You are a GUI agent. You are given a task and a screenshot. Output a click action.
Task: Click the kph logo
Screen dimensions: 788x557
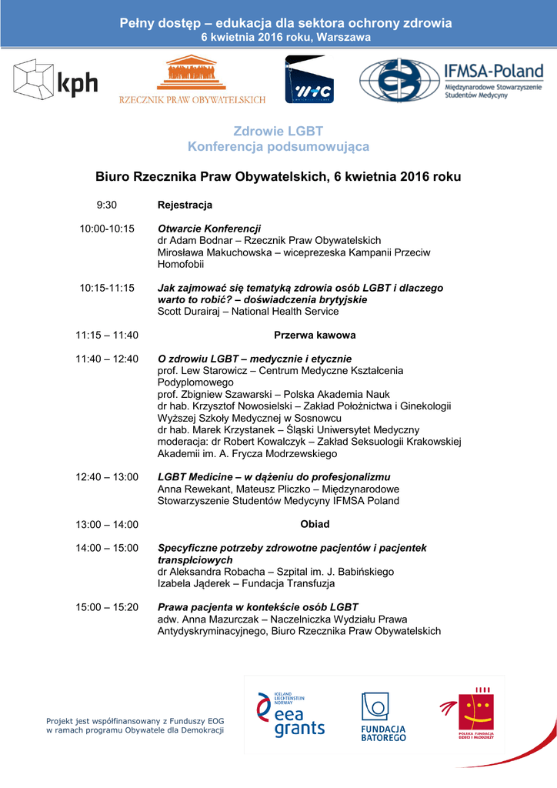(x=55, y=78)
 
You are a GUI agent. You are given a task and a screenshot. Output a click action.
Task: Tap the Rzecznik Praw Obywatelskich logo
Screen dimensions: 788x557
(x=192, y=79)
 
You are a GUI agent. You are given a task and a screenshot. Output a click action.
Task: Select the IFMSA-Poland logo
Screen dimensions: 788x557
(x=451, y=80)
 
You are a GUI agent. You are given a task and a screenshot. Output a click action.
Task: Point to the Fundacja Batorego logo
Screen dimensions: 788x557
(x=383, y=716)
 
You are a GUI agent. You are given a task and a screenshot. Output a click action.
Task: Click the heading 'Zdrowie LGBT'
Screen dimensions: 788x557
(x=278, y=131)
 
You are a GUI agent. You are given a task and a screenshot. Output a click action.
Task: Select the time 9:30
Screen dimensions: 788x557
(x=106, y=205)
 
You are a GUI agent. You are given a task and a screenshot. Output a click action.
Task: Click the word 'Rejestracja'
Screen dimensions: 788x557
(x=185, y=205)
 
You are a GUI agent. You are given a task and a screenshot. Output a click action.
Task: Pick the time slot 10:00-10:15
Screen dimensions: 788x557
(x=107, y=229)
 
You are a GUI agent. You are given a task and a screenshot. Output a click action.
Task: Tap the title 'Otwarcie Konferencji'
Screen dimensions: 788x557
(x=209, y=229)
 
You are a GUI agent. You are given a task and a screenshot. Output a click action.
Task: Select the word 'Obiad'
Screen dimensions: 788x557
(x=315, y=524)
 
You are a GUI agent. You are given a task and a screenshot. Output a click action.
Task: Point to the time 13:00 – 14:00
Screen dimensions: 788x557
(x=107, y=525)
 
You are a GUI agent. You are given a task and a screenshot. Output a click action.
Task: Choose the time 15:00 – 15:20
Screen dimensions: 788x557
(x=107, y=607)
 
